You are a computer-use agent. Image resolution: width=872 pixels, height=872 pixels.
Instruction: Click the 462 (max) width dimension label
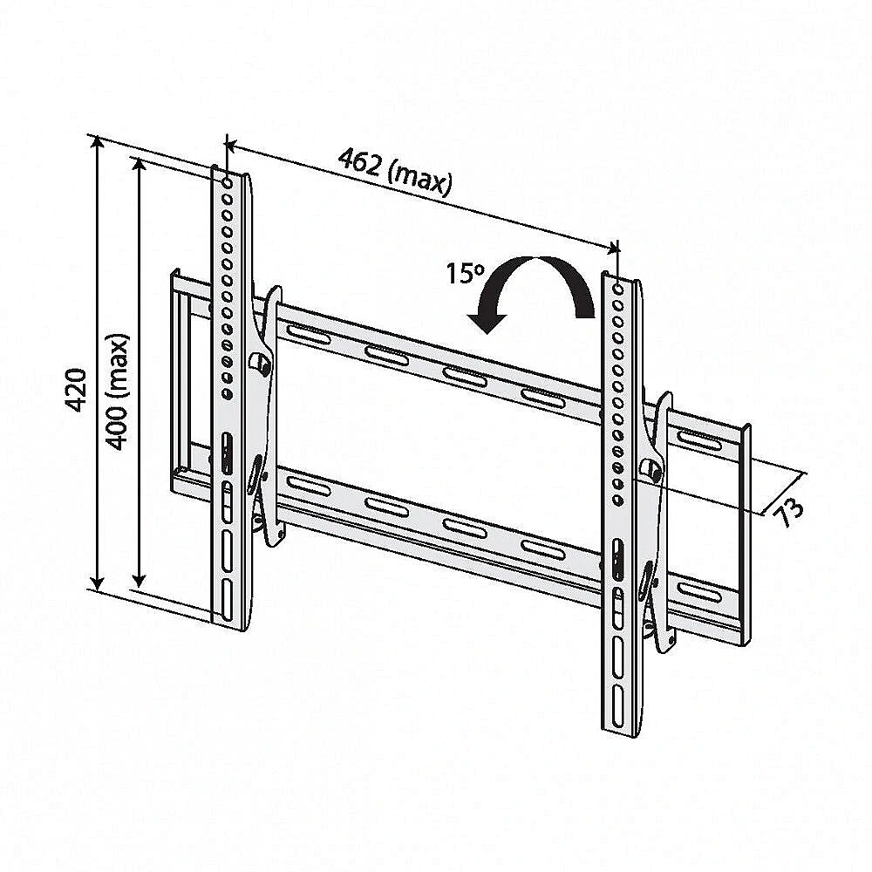point(395,171)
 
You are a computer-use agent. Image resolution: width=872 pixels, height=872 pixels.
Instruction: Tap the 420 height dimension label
point(76,389)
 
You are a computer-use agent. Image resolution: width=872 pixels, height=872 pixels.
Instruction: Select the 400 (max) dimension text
point(118,392)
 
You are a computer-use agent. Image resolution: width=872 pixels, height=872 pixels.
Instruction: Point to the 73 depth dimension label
point(789,511)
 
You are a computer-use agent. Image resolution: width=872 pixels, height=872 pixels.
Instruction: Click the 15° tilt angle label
point(466,273)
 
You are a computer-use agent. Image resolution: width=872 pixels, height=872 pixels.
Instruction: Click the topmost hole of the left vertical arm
point(228,182)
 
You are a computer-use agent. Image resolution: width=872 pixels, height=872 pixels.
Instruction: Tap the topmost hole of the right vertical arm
point(618,290)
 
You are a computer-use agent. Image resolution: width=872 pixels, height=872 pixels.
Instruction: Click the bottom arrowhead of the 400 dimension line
point(139,580)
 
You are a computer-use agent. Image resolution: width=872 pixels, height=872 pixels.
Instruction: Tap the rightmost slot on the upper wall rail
point(700,440)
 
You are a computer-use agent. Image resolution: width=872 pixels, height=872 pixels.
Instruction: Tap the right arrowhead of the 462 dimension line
point(612,248)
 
